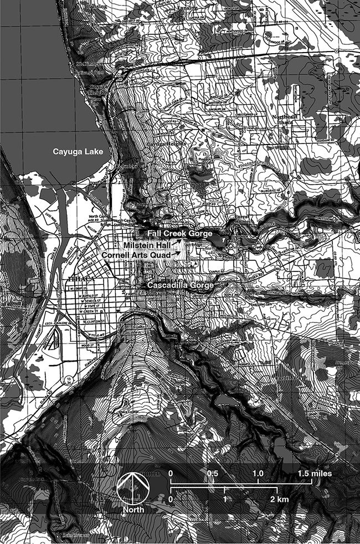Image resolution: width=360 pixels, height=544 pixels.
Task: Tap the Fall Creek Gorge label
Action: click(180, 234)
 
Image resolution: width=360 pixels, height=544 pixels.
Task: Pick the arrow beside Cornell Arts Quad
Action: click(178, 253)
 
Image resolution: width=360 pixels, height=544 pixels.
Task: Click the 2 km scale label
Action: click(280, 500)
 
